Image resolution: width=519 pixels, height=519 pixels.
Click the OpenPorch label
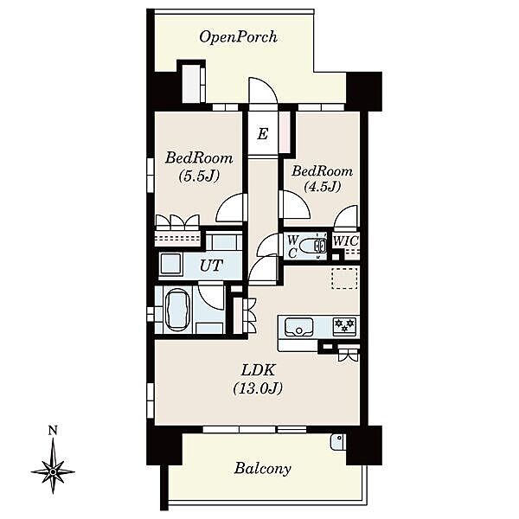click(239, 37)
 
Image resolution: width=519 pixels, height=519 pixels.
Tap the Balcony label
click(262, 468)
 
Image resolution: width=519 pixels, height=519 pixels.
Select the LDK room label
click(258, 370)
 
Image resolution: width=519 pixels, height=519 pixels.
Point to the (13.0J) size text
click(258, 388)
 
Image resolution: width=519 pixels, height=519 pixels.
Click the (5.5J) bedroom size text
click(199, 176)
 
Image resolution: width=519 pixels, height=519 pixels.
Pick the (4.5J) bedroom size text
click(323, 187)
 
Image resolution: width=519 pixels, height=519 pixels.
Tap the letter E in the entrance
click(263, 134)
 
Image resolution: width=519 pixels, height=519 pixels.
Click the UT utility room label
click(212, 266)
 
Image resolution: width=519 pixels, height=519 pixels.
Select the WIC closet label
click(345, 241)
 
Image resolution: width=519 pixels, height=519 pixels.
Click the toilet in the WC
click(313, 246)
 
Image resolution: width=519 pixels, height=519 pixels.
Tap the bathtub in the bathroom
click(177, 311)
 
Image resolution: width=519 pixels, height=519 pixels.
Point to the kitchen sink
click(299, 327)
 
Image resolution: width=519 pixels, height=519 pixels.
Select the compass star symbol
click(53, 471)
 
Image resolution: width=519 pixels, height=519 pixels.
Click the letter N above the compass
click(53, 431)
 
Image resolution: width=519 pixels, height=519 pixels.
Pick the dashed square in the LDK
click(344, 279)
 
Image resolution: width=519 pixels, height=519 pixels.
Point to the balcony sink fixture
click(337, 441)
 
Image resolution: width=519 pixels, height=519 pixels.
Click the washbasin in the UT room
click(170, 264)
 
